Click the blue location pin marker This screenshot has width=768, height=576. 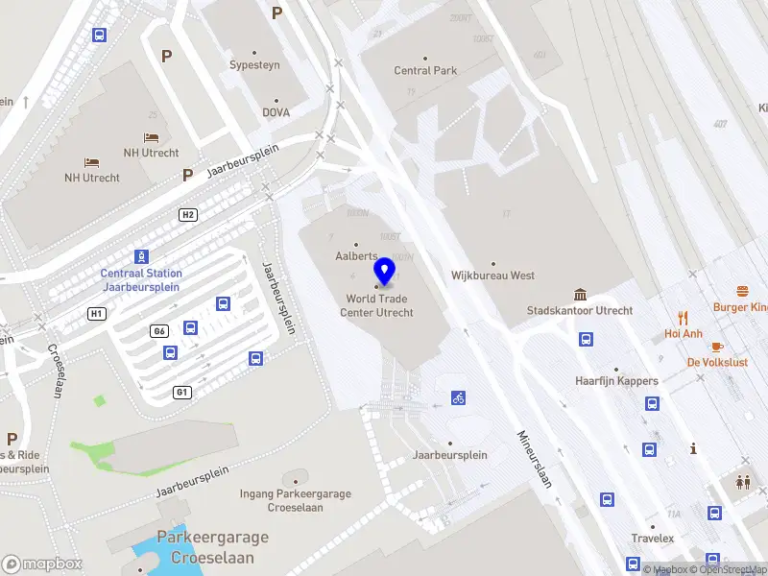pyautogui.click(x=384, y=272)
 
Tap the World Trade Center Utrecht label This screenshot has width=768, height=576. pyautogui.click(x=380, y=305)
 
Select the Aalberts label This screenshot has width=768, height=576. pyautogui.click(x=355, y=256)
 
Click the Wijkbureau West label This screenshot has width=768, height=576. pyautogui.click(x=492, y=276)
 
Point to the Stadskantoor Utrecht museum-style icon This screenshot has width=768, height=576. pyautogui.click(x=580, y=294)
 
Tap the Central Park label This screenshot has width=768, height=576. pyautogui.click(x=425, y=70)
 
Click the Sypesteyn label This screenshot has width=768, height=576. pyautogui.click(x=254, y=65)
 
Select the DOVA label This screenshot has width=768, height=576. pyautogui.click(x=276, y=111)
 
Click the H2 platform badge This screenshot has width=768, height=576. pyautogui.click(x=188, y=214)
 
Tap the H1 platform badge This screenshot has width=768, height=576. pyautogui.click(x=96, y=313)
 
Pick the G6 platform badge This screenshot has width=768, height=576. pyautogui.click(x=159, y=331)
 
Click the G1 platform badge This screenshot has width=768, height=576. pyautogui.click(x=181, y=392)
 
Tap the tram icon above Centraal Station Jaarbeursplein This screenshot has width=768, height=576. pyautogui.click(x=141, y=256)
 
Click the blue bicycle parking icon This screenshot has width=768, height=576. pyautogui.click(x=459, y=397)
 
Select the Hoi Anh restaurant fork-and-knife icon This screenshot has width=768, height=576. pyautogui.click(x=684, y=317)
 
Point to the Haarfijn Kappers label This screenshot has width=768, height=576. pyautogui.click(x=616, y=380)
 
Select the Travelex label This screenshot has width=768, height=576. pyautogui.click(x=653, y=539)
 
